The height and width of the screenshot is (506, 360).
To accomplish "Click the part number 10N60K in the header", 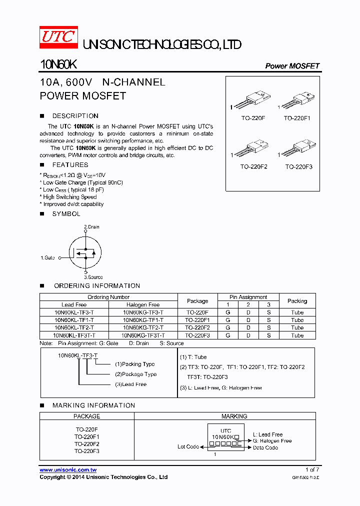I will pyautogui.click(x=58, y=65).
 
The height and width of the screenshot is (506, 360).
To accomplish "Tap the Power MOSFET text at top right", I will pyautogui.click(x=292, y=66).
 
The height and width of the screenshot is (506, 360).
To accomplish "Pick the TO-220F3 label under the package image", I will pyautogui.click(x=298, y=166).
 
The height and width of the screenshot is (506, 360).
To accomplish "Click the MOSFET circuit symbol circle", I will pyautogui.click(x=84, y=252).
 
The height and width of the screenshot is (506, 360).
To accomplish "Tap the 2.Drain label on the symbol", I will pyautogui.click(x=91, y=227).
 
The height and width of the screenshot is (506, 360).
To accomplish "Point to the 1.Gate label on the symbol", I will pyautogui.click(x=47, y=258).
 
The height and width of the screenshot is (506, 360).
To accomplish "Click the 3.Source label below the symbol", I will pyautogui.click(x=93, y=277).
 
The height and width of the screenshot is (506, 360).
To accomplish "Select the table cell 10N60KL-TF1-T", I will pyautogui.click(x=74, y=320).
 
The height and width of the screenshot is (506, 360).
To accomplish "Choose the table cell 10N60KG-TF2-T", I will pyautogui.click(x=143, y=327).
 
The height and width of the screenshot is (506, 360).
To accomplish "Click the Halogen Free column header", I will pyautogui.click(x=143, y=304).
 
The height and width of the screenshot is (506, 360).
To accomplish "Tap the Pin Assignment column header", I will pyautogui.click(x=248, y=297).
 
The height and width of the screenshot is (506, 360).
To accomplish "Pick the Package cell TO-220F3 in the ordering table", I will pyautogui.click(x=197, y=335).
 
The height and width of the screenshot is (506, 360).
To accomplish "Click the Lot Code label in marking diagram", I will pyautogui.click(x=188, y=446).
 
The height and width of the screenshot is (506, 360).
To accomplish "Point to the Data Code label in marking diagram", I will pyautogui.click(x=265, y=447).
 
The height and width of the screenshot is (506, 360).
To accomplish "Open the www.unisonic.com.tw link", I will pyautogui.click(x=68, y=470).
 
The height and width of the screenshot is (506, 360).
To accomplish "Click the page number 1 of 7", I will pyautogui.click(x=312, y=469).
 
